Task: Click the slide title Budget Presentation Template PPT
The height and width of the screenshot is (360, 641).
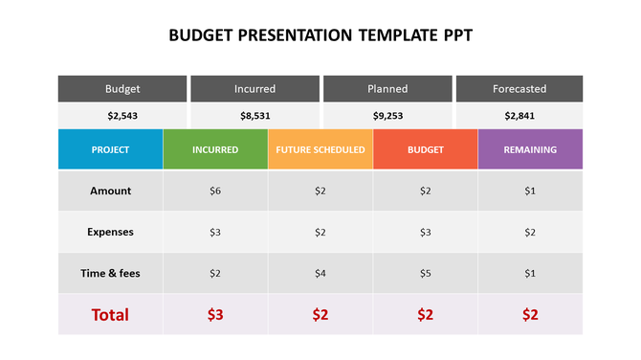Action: point(320,36)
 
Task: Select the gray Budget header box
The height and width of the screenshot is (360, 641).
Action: point(122,89)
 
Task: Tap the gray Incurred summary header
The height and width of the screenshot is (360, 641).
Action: point(254,89)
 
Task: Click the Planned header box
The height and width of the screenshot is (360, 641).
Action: point(387,89)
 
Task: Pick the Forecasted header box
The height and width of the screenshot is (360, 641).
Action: point(519,89)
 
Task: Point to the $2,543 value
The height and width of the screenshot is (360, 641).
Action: point(122,116)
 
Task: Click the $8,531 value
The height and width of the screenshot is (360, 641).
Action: point(254,116)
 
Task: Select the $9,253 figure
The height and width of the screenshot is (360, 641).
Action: point(387,116)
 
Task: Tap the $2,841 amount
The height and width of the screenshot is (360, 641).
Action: point(519,116)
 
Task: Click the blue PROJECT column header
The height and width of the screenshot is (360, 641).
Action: point(110,150)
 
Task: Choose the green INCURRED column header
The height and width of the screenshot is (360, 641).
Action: point(215,150)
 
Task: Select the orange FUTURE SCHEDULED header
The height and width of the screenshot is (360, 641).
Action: point(320,150)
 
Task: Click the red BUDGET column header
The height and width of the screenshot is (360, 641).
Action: point(426,150)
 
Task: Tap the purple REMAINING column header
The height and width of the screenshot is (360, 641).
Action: point(530,150)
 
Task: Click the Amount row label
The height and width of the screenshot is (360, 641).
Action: point(110,191)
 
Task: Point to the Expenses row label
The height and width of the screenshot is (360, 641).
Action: point(110,232)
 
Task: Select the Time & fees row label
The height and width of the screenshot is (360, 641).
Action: point(110,274)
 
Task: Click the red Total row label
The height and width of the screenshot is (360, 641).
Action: point(110,314)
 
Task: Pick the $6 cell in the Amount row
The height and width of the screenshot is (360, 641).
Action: point(215,191)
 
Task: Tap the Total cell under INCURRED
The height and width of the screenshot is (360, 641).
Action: point(215,314)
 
